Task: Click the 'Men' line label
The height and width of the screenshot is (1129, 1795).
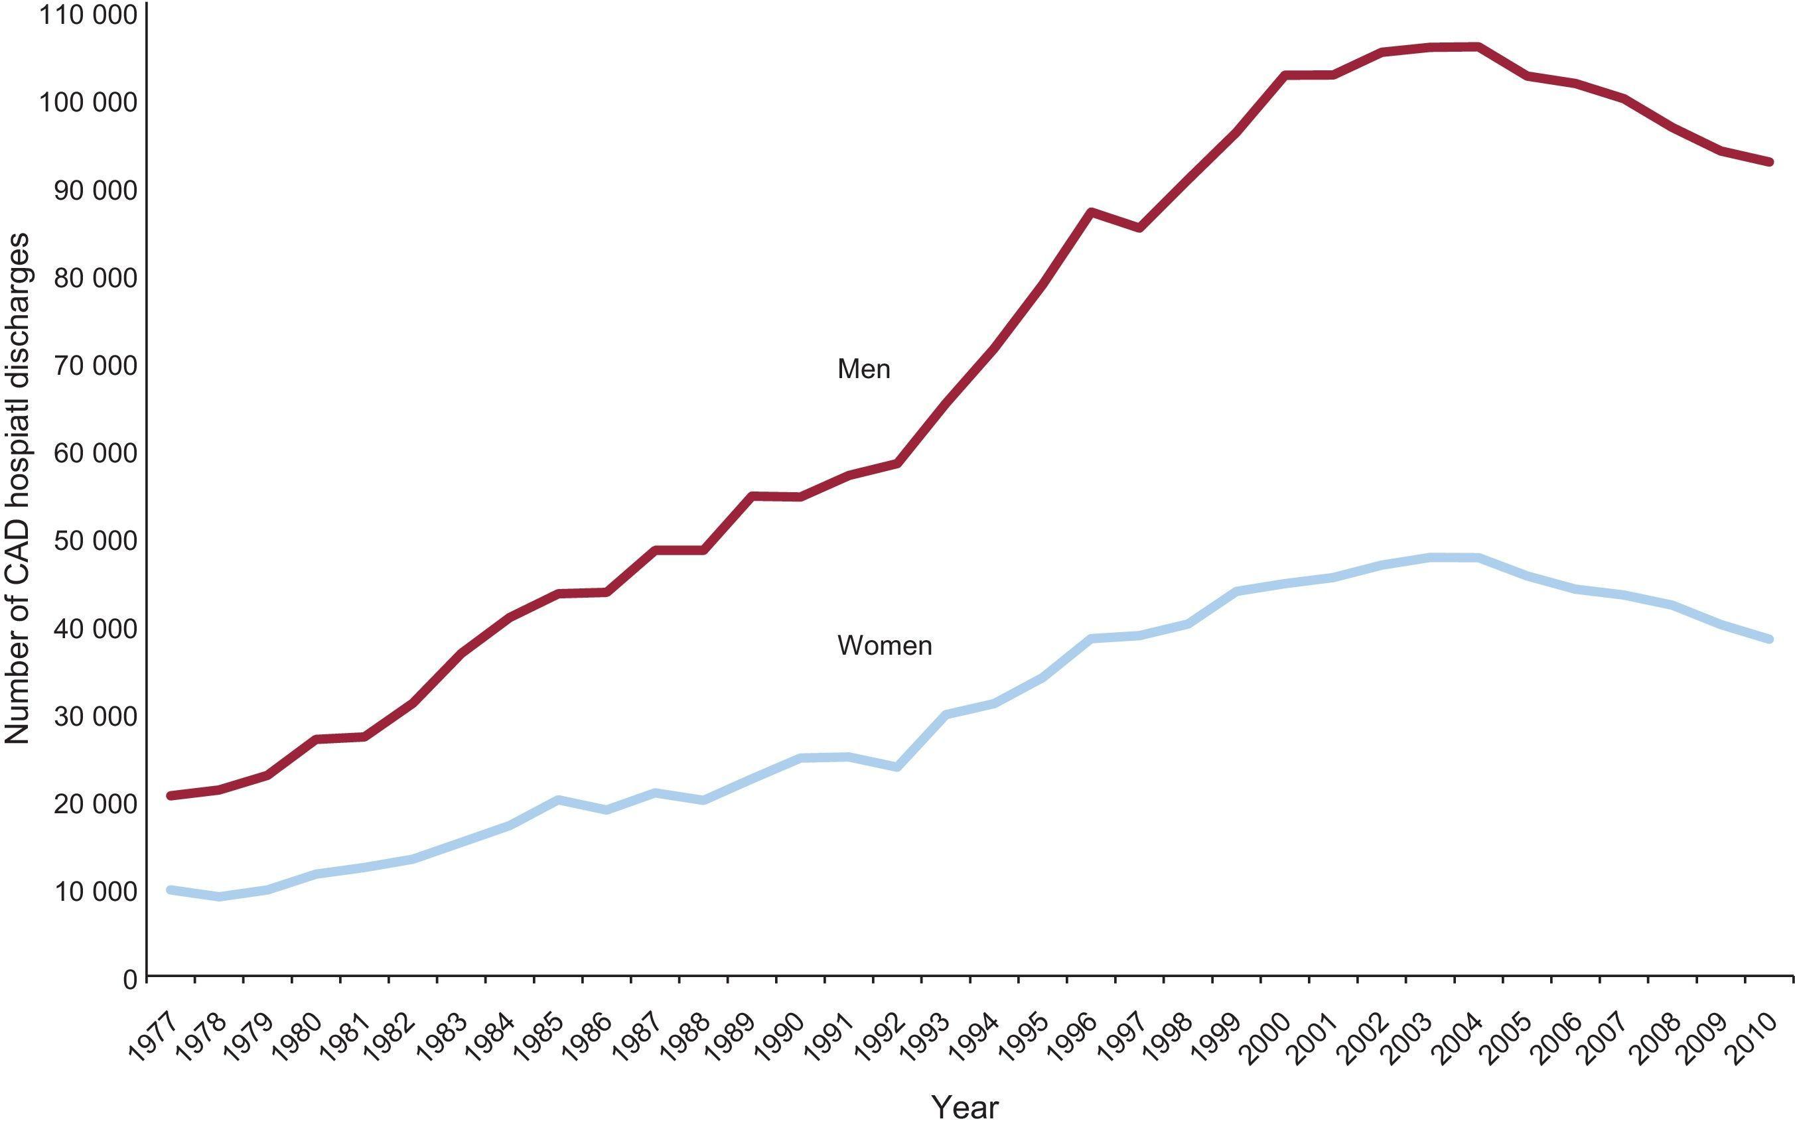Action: pos(863,369)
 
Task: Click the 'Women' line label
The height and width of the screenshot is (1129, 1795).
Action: pos(884,645)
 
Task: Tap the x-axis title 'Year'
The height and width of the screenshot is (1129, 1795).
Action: pos(965,1107)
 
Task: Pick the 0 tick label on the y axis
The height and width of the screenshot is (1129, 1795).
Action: pos(129,978)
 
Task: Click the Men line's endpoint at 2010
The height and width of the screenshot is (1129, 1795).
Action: pos(1769,162)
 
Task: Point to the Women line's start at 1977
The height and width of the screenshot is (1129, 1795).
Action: pos(171,890)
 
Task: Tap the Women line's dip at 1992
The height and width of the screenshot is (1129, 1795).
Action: pos(897,767)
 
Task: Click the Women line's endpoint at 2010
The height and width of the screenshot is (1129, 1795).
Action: pos(1769,639)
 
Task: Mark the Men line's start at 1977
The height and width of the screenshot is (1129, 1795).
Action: pos(171,795)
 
